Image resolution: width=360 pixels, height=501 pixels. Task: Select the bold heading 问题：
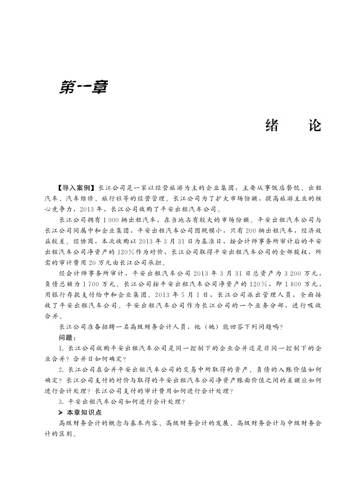pos(68,338)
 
